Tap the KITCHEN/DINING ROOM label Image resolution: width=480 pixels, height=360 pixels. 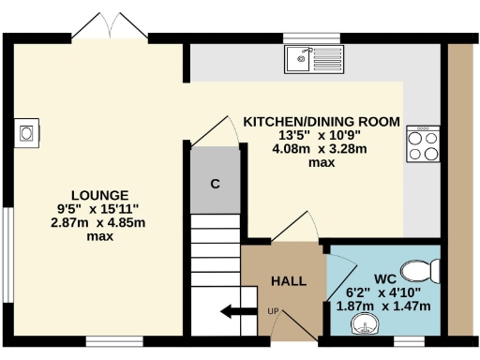pyautogui.click(x=322, y=122)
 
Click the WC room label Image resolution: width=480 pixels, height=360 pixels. pyautogui.click(x=383, y=278)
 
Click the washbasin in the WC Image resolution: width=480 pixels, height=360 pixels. pyautogui.click(x=363, y=324)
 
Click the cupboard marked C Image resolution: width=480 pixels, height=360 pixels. pyautogui.click(x=215, y=184)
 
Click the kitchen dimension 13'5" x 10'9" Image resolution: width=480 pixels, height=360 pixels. pyautogui.click(x=322, y=135)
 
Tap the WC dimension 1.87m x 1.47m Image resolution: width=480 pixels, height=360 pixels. pyautogui.click(x=383, y=306)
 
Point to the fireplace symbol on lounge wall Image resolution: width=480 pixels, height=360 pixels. pyautogui.click(x=27, y=132)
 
